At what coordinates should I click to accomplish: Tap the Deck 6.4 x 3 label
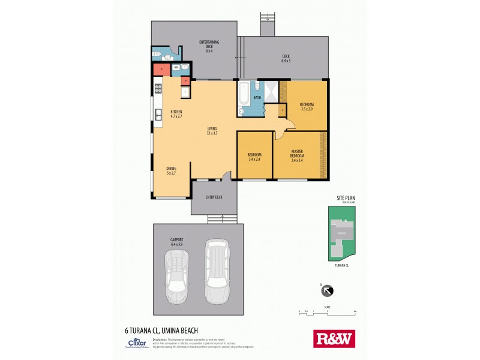[x=286, y=59]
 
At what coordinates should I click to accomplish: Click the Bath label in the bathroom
[x=257, y=97]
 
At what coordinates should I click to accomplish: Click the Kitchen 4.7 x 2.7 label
[x=176, y=114]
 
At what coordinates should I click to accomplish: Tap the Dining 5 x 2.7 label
[x=171, y=171]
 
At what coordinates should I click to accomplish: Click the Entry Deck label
[x=213, y=197]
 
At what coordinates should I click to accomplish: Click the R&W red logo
[x=334, y=338]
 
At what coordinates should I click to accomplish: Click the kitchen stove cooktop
[x=159, y=91]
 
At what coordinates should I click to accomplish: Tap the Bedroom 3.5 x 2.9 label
[x=307, y=107]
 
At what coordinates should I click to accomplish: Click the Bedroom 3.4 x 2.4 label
[x=254, y=157]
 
